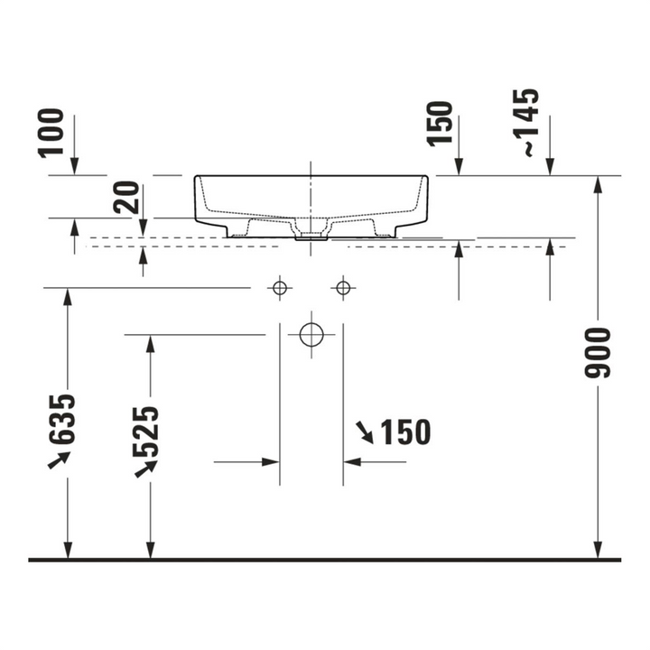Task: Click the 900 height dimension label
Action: (598, 353)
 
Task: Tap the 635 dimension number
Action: (61, 420)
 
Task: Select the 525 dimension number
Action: (145, 432)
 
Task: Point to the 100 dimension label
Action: (51, 133)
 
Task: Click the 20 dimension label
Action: (126, 198)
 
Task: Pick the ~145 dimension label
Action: (525, 123)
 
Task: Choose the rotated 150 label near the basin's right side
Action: (440, 124)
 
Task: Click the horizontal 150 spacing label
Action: (406, 432)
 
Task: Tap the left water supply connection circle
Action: (280, 287)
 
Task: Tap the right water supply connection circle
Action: (343, 287)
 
